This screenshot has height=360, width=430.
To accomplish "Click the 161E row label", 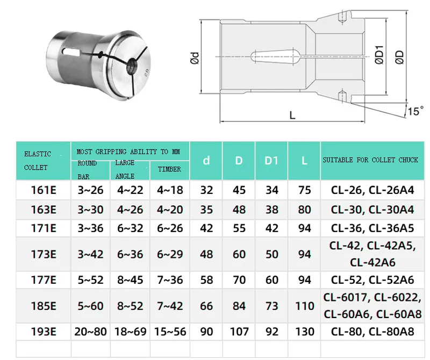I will tap(43, 190).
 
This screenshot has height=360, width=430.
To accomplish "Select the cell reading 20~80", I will tap(90, 332).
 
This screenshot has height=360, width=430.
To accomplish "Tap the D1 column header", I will tap(272, 161).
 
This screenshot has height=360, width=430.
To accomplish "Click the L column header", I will tap(304, 161).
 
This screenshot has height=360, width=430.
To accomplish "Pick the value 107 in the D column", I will tap(239, 332).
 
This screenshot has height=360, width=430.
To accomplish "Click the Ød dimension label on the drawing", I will tap(195, 56).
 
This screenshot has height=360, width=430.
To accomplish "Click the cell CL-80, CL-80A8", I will tap(373, 332).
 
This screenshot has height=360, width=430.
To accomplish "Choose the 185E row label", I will tap(43, 306).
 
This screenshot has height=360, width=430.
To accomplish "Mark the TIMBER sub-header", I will tap(169, 169).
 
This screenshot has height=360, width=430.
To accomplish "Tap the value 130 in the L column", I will tap(304, 332).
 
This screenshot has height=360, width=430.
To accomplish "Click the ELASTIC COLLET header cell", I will tap(43, 161).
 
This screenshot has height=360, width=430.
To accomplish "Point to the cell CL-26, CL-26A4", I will tap(373, 190).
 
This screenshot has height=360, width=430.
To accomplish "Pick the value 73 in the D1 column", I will tap(272, 306).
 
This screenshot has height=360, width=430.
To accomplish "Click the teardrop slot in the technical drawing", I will tap(274, 57).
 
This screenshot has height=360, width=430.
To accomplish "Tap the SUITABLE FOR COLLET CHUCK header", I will tap(373, 160).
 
